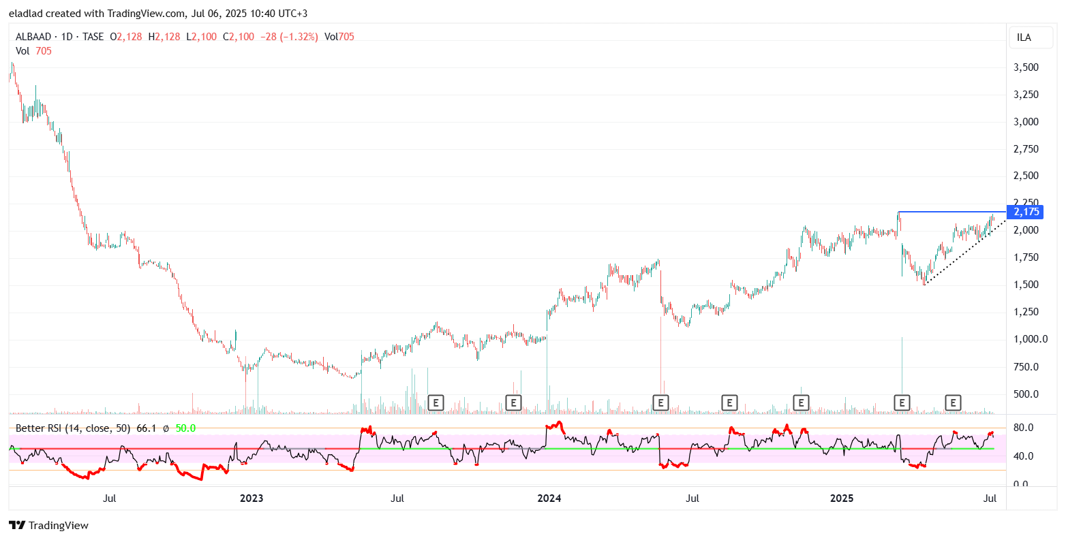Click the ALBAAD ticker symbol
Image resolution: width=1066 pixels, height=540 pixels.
(x=33, y=37)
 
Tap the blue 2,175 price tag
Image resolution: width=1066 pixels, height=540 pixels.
(x=1026, y=212)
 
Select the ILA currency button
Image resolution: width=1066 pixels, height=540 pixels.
(x=1024, y=37)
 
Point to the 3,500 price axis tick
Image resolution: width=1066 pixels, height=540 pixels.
(x=1026, y=67)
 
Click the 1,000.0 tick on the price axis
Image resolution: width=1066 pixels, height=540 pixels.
(x=1030, y=339)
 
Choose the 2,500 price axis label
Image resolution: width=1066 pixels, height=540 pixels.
(x=1026, y=176)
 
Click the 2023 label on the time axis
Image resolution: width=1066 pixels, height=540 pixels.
(x=252, y=498)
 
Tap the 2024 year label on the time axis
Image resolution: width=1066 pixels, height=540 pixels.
(x=549, y=498)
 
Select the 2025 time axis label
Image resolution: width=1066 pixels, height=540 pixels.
(x=842, y=498)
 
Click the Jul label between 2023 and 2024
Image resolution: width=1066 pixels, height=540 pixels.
(x=397, y=498)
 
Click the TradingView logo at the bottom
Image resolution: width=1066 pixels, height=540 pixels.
(x=49, y=525)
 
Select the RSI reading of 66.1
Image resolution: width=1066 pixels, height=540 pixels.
(x=147, y=428)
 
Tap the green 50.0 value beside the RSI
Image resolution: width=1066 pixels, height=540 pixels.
(x=185, y=428)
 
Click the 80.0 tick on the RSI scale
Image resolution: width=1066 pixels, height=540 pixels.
(x=1024, y=428)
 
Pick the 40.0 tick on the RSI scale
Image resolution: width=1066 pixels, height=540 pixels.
(x=1024, y=456)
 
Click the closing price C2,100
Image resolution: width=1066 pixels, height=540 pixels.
(x=239, y=37)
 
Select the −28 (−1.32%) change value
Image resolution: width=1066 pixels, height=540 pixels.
(x=289, y=37)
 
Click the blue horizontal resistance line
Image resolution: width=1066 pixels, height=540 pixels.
(x=954, y=212)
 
